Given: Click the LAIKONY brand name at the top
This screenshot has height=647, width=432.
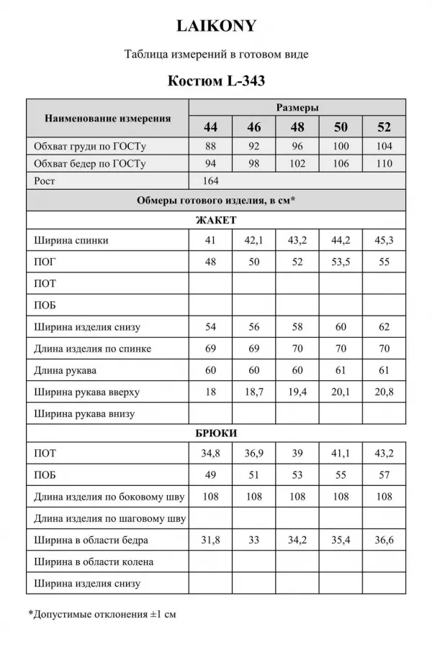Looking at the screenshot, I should pos(216,27).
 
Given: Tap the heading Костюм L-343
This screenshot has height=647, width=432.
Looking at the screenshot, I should pos(216,81).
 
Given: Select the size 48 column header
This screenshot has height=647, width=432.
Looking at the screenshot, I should pos(297,127).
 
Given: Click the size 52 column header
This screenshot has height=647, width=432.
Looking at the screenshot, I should pos(384,127).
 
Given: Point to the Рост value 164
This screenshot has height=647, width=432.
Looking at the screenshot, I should pos(210,181).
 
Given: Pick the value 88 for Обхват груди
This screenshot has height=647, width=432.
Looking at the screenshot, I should pos(210,146).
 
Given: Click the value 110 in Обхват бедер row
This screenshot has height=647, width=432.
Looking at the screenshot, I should pos(384,164).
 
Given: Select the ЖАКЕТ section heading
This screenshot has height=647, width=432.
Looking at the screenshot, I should pos(216,221).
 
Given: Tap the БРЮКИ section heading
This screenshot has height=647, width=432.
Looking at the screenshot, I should pos(216,433).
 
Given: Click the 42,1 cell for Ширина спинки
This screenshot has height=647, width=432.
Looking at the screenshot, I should pos(253,240).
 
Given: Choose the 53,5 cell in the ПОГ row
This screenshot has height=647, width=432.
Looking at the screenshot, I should pos(341,262).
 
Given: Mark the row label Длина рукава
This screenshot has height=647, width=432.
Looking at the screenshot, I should pos(65,371).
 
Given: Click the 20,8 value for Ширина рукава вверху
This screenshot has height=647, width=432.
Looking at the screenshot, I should pos(384,393).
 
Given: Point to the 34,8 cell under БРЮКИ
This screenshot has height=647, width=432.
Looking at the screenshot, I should pos(210,454).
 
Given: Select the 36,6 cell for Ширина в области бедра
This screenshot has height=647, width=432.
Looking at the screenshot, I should pos(384,540).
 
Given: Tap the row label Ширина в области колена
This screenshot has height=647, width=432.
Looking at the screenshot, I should pos(94,561).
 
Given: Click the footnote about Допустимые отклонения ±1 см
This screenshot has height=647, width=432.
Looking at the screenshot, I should pos(102,615).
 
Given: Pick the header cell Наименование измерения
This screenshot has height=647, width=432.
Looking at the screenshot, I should pos(108,118).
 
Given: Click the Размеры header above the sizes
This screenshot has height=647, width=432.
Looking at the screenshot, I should pos(297,107).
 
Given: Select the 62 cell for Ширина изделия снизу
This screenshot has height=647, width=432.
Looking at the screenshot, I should pos(384,327).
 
